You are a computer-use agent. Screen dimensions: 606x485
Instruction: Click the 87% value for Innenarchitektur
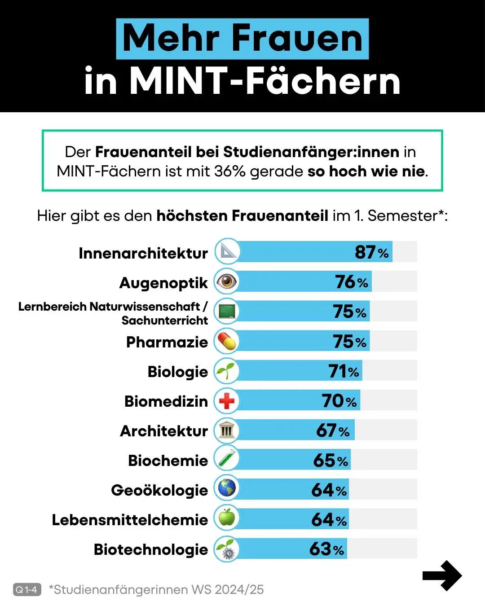tap(371, 252)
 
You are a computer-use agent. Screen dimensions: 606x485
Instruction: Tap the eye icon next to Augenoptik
tap(227, 281)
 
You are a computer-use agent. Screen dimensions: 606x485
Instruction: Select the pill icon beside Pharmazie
tap(227, 341)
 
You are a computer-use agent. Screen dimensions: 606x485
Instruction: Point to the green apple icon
tap(227, 518)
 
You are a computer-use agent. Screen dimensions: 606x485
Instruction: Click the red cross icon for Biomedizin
tap(227, 401)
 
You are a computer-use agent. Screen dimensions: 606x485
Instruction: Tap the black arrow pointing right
tap(442, 575)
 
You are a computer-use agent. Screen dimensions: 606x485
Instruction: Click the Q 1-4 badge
tap(27, 589)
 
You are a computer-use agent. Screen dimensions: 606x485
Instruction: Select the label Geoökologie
tap(159, 490)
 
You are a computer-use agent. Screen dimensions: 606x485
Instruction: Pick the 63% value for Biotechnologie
tap(326, 549)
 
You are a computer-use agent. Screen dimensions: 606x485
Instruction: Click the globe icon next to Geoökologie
tap(227, 488)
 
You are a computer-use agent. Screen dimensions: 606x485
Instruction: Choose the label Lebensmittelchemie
tap(130, 520)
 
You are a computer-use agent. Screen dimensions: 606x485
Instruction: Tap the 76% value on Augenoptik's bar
tap(351, 282)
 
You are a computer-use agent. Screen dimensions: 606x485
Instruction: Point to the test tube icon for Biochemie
tap(227, 459)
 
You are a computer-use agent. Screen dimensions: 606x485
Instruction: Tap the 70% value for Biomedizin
tap(339, 401)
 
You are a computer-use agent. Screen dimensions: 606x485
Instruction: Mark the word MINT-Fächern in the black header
tap(265, 81)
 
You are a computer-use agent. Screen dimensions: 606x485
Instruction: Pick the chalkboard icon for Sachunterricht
tap(227, 311)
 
